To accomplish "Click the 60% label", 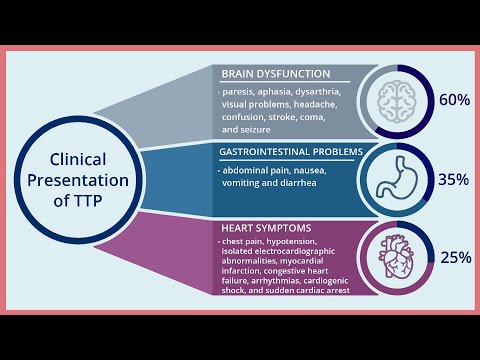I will point(454,100).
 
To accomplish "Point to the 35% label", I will point(454,180).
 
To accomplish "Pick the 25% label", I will point(455,258).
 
